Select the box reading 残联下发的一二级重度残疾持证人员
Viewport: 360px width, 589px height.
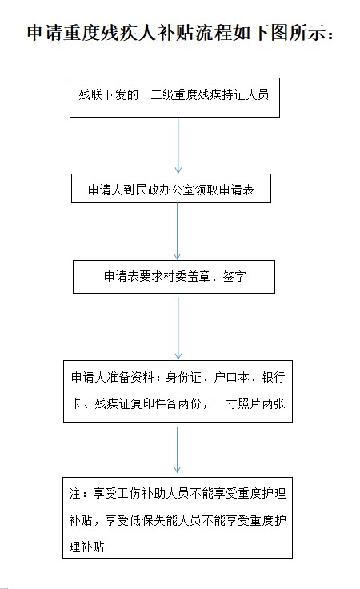point(174,98)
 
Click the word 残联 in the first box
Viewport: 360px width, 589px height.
point(90,94)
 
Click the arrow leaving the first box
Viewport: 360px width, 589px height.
point(178,146)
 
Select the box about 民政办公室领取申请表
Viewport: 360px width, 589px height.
point(171,189)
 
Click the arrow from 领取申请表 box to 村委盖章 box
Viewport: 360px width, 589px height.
point(177,231)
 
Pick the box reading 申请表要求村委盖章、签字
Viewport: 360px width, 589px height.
point(174,277)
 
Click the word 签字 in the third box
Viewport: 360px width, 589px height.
point(234,276)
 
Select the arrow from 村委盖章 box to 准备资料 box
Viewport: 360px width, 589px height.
point(178,328)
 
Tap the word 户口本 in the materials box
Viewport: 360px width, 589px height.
point(232,377)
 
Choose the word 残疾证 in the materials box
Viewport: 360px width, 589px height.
point(112,404)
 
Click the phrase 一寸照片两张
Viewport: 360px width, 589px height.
point(250,404)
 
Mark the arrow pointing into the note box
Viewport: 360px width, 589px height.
point(177,450)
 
